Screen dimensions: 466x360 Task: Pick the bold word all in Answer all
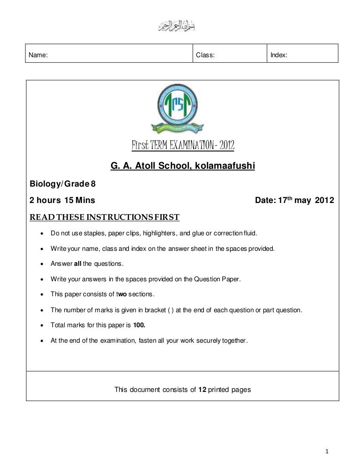78,263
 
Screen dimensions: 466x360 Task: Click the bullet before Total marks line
43,325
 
